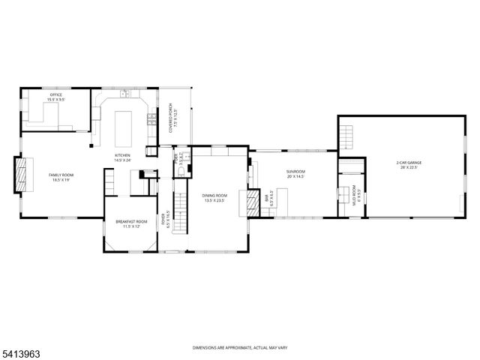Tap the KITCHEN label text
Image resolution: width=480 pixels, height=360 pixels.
122,156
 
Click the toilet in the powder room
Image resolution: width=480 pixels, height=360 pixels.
180,172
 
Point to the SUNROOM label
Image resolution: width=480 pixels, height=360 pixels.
295,172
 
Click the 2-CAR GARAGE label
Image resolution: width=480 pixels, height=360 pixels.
409,163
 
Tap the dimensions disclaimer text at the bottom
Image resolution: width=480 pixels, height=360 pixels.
239,348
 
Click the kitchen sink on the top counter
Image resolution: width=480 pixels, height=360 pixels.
124,95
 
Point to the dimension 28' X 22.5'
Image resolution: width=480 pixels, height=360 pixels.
409,167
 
